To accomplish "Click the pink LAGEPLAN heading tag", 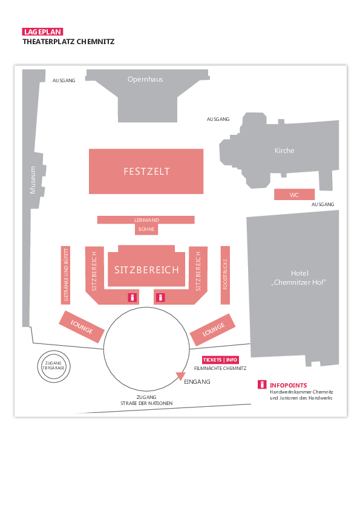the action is [42, 32].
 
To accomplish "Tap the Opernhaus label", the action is [145, 79].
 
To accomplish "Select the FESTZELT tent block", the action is [146, 172].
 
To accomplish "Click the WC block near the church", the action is [295, 195].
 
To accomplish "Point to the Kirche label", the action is [284, 151].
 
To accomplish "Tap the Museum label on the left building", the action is [33, 180].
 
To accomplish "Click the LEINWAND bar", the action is [146, 220].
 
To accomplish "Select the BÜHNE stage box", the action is [146, 229].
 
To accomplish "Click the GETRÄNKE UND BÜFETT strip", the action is [65, 275].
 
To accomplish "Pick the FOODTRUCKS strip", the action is [225, 275].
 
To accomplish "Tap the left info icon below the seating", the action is [133, 297].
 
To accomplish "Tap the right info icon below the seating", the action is [160, 297].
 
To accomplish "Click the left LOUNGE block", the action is [82, 326].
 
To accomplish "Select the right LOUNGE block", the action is [213, 329].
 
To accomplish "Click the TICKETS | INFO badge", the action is [220, 360].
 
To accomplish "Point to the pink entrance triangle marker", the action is [180, 376].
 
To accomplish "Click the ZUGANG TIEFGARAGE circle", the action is [54, 366].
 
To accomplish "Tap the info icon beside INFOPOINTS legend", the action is [262, 384].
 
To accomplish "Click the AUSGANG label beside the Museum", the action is [64, 80].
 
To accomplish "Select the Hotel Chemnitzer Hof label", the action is [299, 278].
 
